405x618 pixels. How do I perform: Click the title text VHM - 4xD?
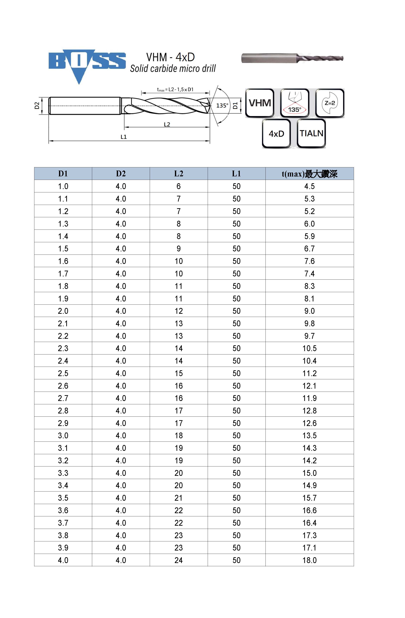170,57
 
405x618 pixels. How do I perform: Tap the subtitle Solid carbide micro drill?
173,69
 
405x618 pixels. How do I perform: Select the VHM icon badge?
260,103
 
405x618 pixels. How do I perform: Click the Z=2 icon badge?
329,103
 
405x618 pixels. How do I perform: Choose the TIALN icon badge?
311,134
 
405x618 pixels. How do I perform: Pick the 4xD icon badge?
276,134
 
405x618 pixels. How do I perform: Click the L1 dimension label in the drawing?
123,137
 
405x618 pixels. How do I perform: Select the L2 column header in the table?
179,174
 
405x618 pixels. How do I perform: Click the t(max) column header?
310,174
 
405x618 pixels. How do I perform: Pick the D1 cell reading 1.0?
63,186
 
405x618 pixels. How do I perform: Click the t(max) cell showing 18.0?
310,560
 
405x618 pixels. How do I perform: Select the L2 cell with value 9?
179,249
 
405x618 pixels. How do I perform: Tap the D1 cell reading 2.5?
63,373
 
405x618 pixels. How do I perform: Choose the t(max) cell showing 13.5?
310,435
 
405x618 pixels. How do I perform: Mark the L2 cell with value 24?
179,560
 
